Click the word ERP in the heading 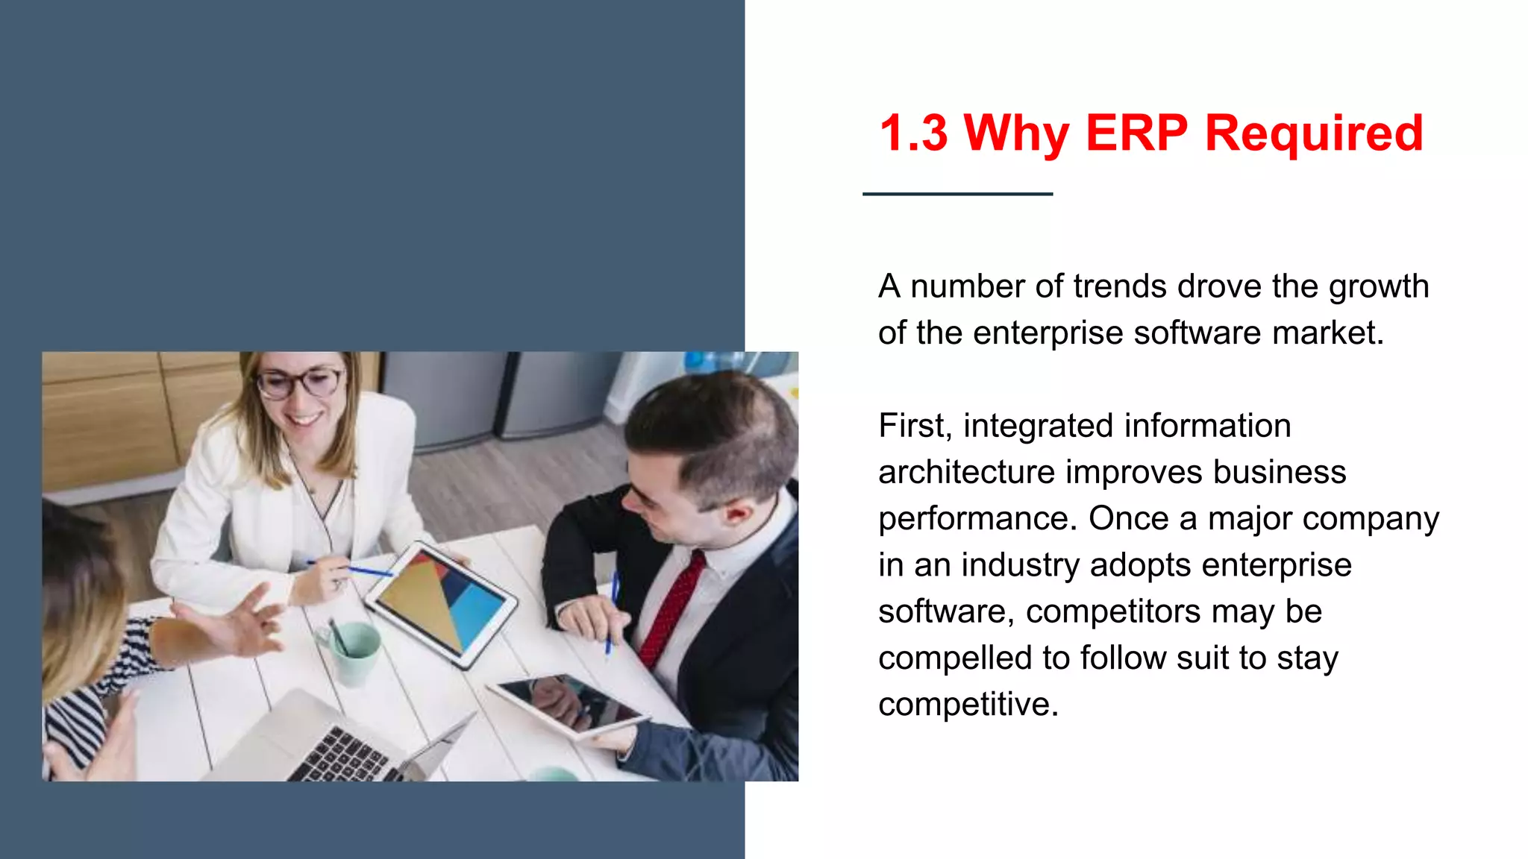1136,133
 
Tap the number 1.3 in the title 913,133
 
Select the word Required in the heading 1314,133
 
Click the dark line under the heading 957,194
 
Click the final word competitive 968,705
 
